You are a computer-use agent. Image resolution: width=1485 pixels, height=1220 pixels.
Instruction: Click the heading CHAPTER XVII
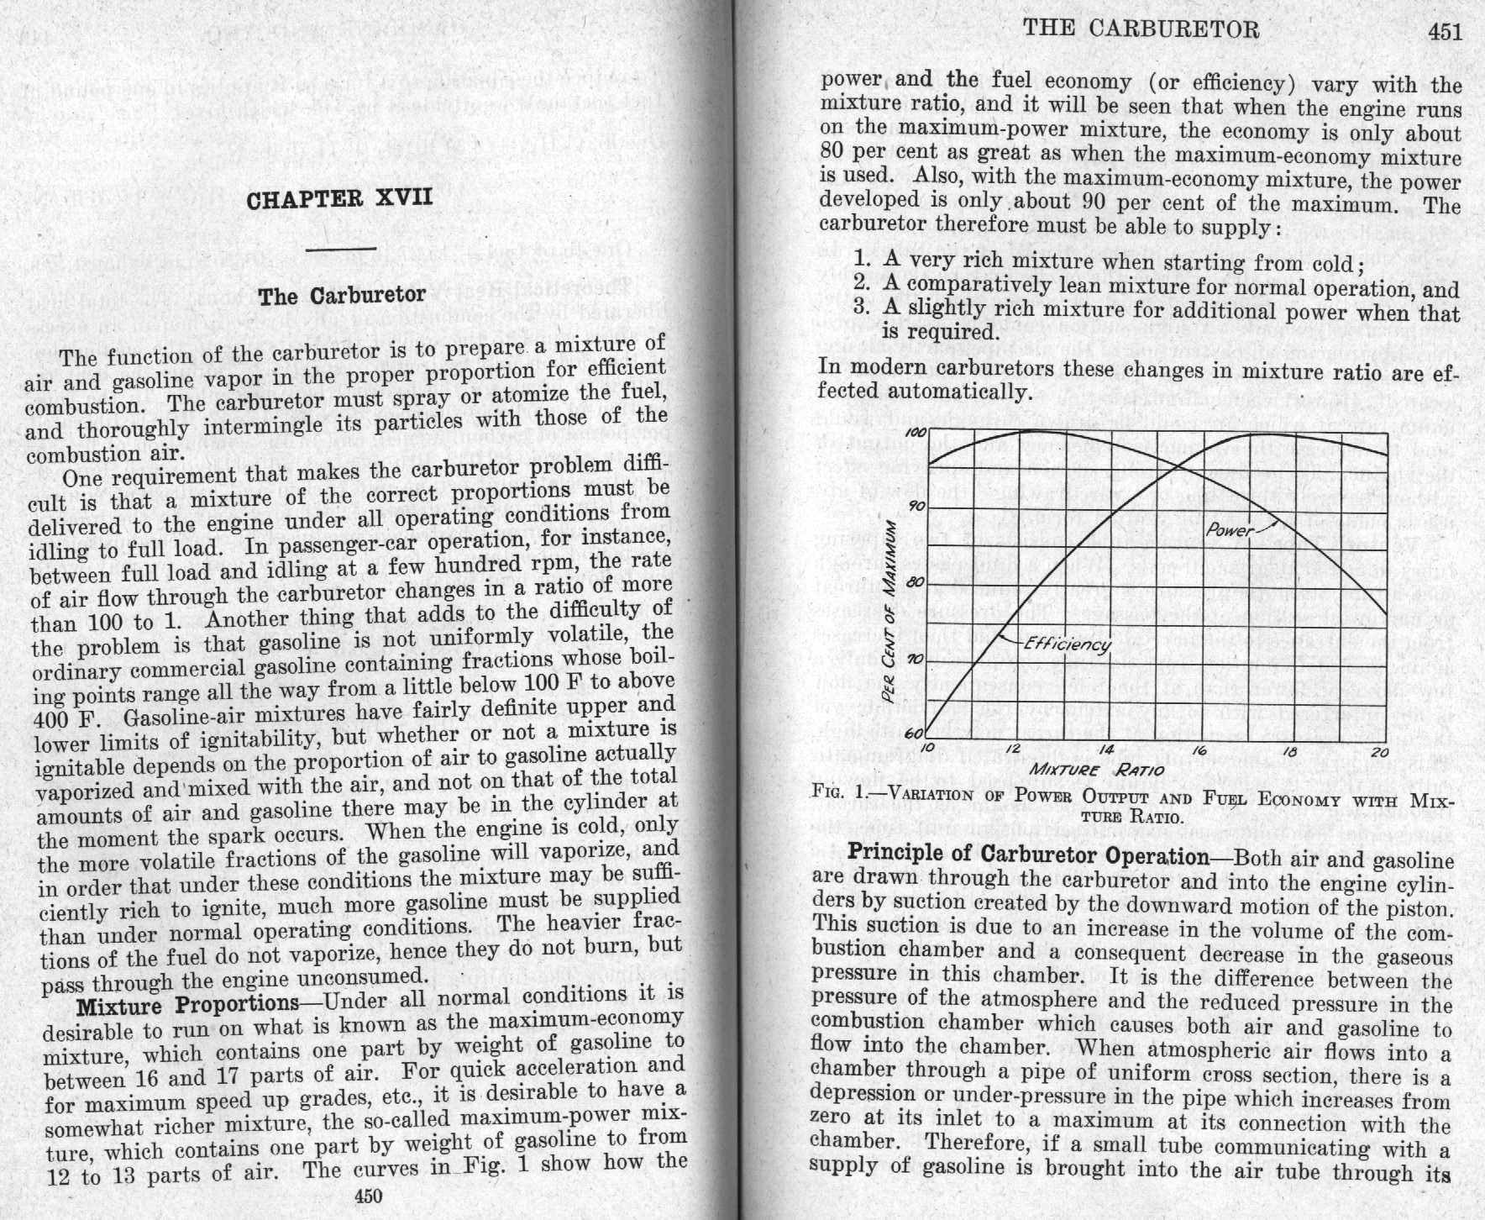(339, 199)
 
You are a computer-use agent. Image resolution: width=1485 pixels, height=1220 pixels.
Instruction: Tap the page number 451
(1445, 33)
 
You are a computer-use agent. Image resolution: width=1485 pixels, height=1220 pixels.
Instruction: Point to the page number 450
(369, 1196)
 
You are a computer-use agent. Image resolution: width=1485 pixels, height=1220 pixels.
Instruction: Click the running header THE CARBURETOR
(1141, 29)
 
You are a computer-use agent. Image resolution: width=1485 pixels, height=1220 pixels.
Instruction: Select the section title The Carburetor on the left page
(342, 296)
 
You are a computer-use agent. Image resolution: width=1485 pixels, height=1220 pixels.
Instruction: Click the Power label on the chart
(1229, 530)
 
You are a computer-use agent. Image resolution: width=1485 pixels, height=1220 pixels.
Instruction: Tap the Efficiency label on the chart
(1068, 644)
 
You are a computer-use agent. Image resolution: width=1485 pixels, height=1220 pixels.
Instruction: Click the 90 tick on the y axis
(917, 506)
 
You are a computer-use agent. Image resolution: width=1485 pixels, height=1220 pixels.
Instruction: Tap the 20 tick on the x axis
(1379, 752)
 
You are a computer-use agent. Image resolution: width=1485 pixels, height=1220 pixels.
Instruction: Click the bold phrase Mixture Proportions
(187, 1006)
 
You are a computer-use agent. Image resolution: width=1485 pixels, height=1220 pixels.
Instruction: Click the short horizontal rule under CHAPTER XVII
(341, 250)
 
